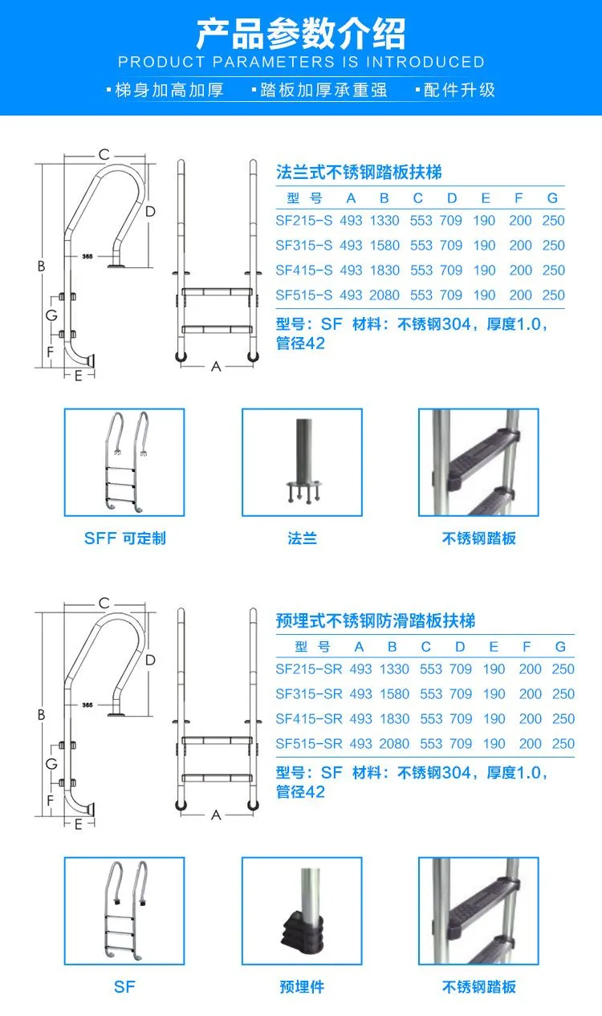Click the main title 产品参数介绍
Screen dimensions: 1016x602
[x=301, y=34]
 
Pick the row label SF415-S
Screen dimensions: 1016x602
[x=303, y=270]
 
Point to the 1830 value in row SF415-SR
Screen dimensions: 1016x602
[x=393, y=719]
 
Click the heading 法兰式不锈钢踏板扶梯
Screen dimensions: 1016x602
[x=359, y=173]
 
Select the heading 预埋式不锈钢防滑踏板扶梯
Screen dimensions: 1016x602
[x=376, y=621]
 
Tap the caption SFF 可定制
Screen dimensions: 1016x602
[x=124, y=538]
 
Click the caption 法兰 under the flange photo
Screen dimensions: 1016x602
[x=303, y=538]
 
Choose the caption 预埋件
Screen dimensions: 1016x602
[x=303, y=987]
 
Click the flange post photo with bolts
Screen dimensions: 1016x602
[x=303, y=463]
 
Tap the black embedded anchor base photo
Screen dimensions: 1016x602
[x=303, y=911]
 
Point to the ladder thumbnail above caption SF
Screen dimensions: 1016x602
[x=124, y=911]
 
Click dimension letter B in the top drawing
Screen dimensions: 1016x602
[x=41, y=266]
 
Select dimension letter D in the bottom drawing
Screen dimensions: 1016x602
[x=150, y=660]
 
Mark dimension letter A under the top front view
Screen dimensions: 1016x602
[x=215, y=366]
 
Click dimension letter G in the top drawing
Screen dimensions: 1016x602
[x=51, y=316]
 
